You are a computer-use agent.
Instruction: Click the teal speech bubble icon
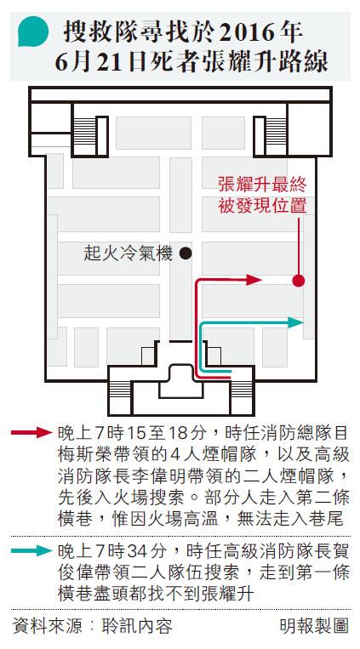click(x=33, y=31)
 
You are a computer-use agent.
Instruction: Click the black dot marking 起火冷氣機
click(x=186, y=253)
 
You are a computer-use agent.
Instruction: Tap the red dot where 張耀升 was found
click(x=298, y=281)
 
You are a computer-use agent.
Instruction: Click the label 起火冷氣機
click(x=128, y=253)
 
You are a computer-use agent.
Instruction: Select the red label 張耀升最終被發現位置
click(x=262, y=196)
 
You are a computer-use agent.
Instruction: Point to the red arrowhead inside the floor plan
click(x=254, y=280)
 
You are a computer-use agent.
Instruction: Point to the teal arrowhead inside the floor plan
click(x=296, y=322)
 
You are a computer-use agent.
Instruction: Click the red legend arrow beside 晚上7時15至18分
click(x=31, y=433)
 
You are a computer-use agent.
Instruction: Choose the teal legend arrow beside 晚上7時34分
click(x=31, y=550)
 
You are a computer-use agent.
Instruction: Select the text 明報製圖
click(x=314, y=626)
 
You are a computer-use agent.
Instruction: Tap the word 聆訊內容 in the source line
click(x=137, y=626)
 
